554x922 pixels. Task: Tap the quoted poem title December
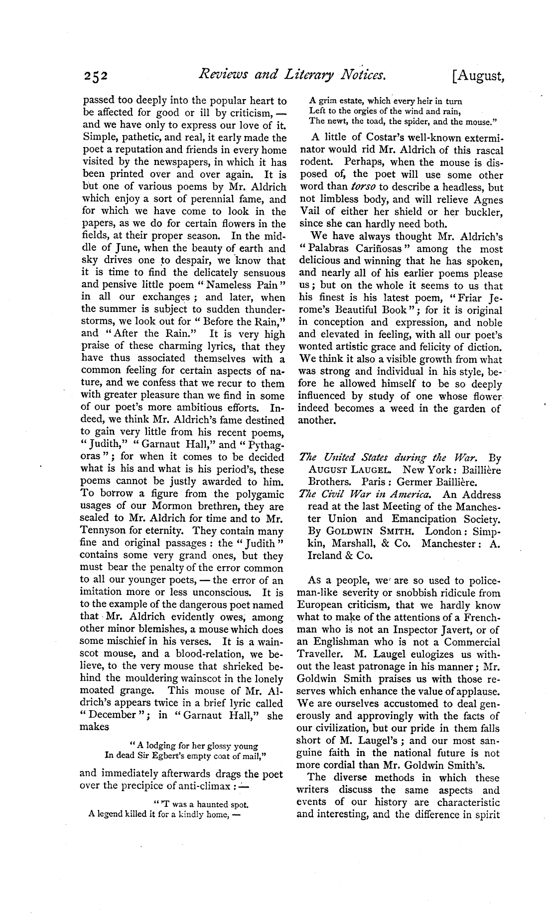coord(111,715)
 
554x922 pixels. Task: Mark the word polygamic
coord(258,494)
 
